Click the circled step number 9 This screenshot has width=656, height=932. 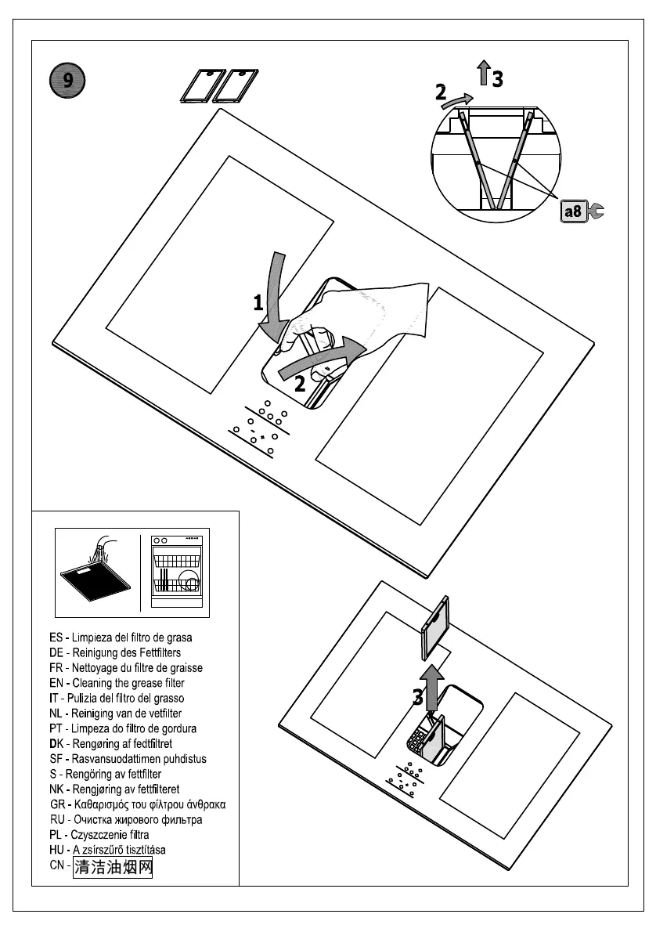click(x=67, y=81)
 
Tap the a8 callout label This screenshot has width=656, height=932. click(x=572, y=211)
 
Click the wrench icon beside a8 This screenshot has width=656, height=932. click(x=595, y=211)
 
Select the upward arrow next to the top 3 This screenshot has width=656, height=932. click(x=484, y=74)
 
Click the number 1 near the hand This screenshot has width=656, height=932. click(x=258, y=303)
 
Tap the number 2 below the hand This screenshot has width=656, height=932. click(x=300, y=384)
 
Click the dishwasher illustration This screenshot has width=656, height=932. click(x=176, y=572)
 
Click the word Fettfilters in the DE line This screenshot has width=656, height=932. click(x=154, y=652)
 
